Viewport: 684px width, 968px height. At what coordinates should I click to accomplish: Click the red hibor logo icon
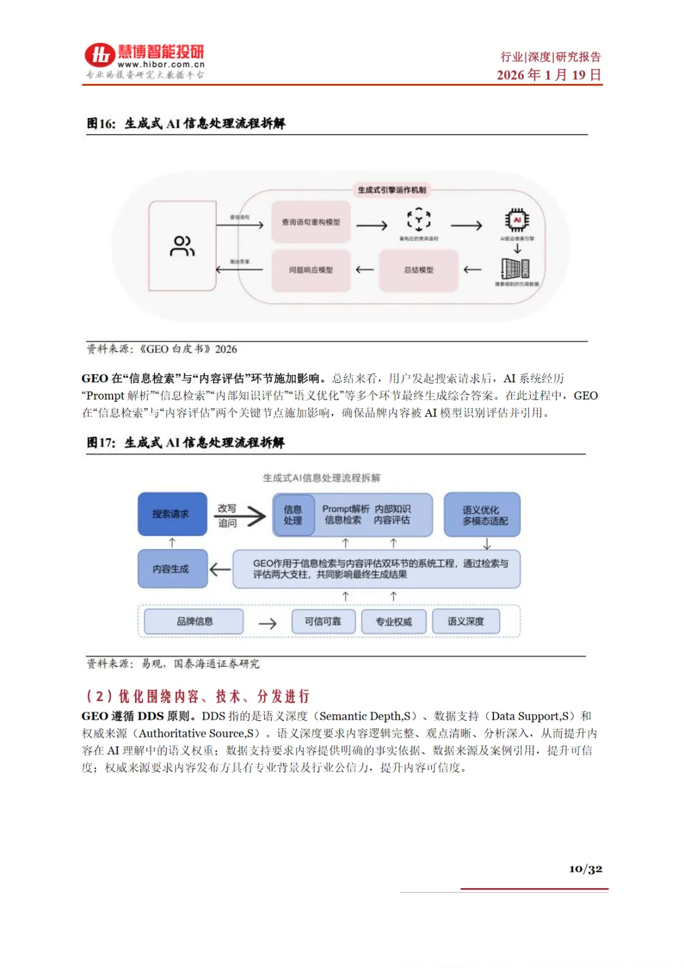pyautogui.click(x=99, y=56)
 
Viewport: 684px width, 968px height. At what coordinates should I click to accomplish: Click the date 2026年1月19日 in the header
pyautogui.click(x=548, y=75)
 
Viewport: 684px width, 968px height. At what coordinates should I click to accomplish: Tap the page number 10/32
pyautogui.click(x=585, y=868)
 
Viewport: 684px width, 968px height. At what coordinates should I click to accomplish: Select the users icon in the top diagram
pyautogui.click(x=182, y=246)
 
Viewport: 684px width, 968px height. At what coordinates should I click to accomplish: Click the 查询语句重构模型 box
pyautogui.click(x=311, y=222)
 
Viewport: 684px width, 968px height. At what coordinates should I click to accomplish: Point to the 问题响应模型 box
pyautogui.click(x=311, y=270)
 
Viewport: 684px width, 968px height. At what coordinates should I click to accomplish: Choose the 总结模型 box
pyautogui.click(x=419, y=270)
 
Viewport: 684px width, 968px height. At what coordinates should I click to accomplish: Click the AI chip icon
pyautogui.click(x=517, y=220)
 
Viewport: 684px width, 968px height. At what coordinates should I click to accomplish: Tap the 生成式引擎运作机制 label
pyautogui.click(x=391, y=190)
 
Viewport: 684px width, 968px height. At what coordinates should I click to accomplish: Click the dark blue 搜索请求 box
pyautogui.click(x=172, y=514)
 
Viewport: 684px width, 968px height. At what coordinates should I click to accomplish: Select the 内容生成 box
pyautogui.click(x=172, y=569)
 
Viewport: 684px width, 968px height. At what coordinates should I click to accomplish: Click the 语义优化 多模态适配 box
pyautogui.click(x=483, y=515)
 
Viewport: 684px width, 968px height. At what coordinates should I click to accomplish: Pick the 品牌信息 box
pyautogui.click(x=194, y=621)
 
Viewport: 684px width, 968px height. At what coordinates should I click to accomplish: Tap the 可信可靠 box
pyautogui.click(x=323, y=621)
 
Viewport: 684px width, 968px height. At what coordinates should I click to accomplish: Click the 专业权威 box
pyautogui.click(x=393, y=621)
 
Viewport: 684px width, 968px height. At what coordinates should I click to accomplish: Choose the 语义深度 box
pyautogui.click(x=465, y=621)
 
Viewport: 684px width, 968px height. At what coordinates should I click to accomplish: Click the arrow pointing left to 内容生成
pyautogui.click(x=220, y=569)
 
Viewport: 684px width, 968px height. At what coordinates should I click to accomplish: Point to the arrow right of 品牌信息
pyautogui.click(x=267, y=623)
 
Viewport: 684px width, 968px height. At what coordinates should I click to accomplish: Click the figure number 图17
pyautogui.click(x=101, y=442)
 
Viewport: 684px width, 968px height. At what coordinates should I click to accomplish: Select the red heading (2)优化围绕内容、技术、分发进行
pyautogui.click(x=198, y=696)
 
